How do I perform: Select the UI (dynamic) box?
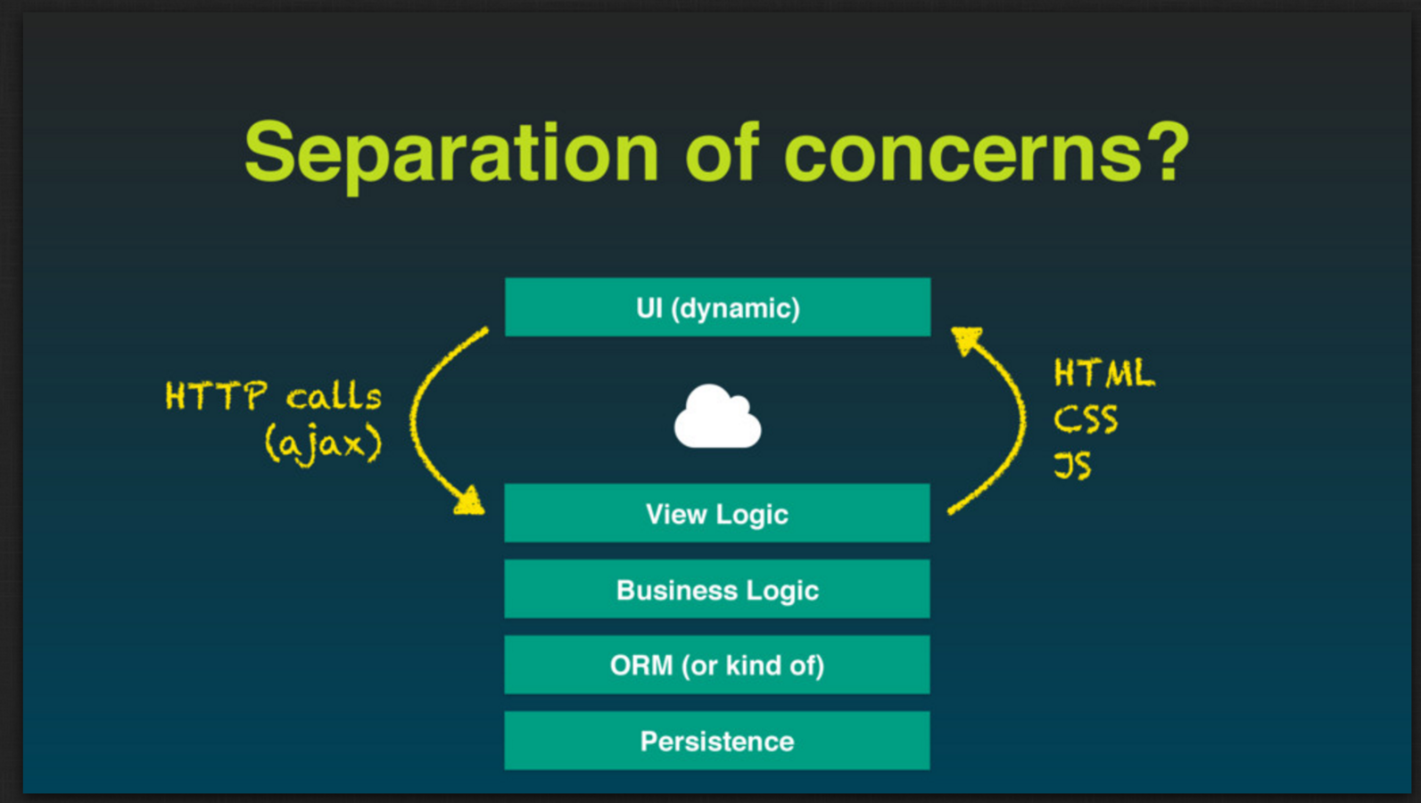coord(717,307)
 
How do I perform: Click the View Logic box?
coord(717,513)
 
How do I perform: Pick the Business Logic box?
coord(717,589)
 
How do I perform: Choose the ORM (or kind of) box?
coord(717,665)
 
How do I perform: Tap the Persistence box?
coord(717,741)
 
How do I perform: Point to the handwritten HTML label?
coord(1103,373)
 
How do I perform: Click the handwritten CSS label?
coord(1086,419)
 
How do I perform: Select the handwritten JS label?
coord(1072,465)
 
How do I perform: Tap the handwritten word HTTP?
coord(216,396)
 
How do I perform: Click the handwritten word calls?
coord(334,396)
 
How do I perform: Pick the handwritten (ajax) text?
coord(323,443)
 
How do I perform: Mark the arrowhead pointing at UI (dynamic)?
coord(965,339)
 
